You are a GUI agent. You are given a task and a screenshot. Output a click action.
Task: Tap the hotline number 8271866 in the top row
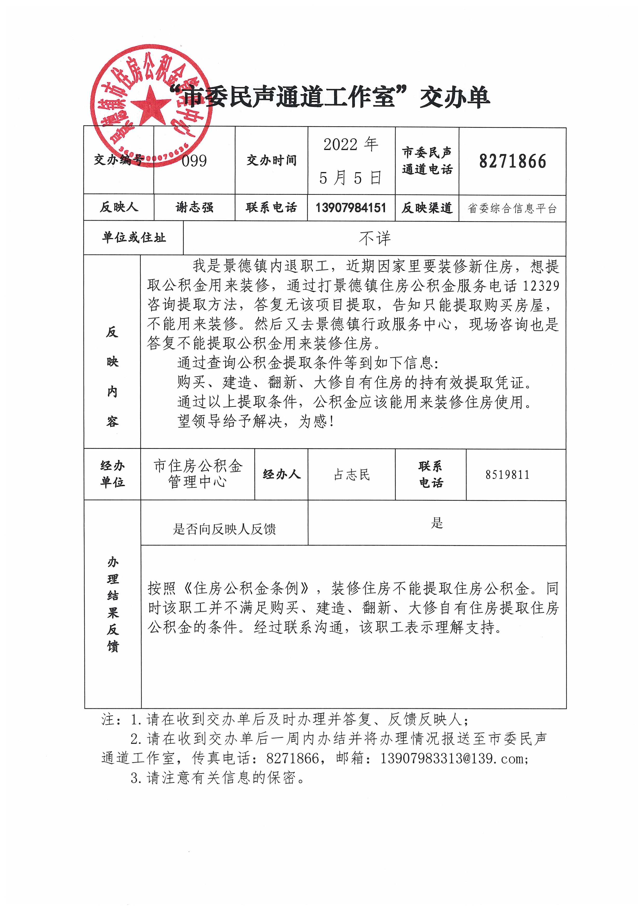coord(512,161)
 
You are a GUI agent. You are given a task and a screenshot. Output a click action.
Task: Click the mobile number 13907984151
coord(351,208)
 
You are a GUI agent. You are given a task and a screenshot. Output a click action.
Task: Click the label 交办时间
coord(271,160)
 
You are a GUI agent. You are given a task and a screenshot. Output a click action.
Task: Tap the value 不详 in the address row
coord(374,238)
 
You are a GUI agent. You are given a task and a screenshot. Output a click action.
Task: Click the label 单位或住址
coord(134,238)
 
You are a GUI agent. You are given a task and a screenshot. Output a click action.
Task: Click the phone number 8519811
coord(507,475)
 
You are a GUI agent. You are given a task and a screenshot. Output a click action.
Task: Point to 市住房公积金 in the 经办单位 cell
coord(198,466)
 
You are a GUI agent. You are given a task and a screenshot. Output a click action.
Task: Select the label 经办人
coord(281,474)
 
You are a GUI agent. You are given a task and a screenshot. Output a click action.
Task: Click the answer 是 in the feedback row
coord(437,523)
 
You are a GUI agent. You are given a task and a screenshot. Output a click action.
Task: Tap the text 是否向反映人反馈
coord(224,529)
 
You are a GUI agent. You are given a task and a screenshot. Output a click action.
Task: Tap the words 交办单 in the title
coord(455,98)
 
